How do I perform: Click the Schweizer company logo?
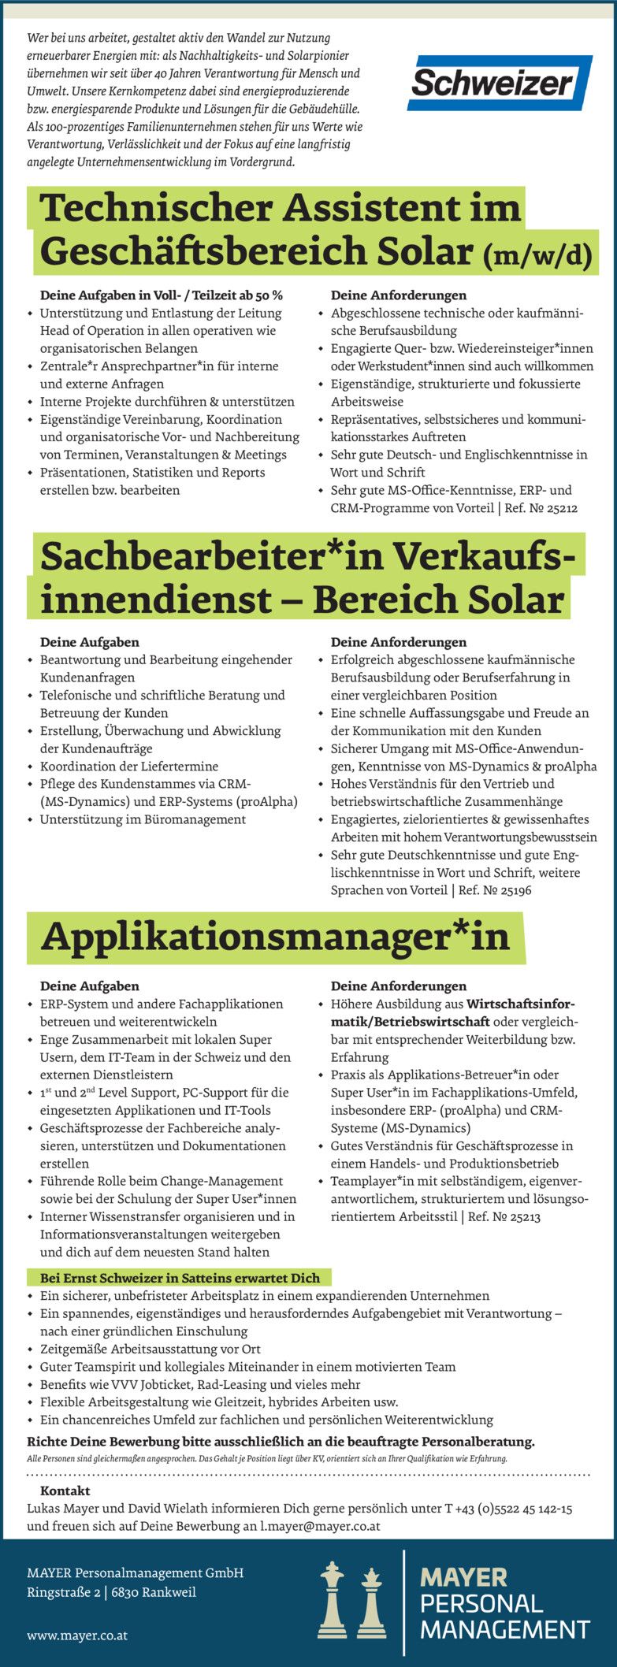pos(500,84)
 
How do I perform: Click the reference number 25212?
pos(561,509)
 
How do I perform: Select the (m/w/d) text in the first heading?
pos(536,254)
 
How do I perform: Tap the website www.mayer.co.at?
pos(77,1635)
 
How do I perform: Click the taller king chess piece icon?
pos(333,1599)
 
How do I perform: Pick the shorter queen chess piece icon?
pos(370,1603)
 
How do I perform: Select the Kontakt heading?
pos(65,1491)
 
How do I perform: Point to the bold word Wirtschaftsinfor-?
pos(521,1004)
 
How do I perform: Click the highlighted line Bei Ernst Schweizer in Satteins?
pos(180,1278)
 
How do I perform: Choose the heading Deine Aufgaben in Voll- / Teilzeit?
pos(161,295)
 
